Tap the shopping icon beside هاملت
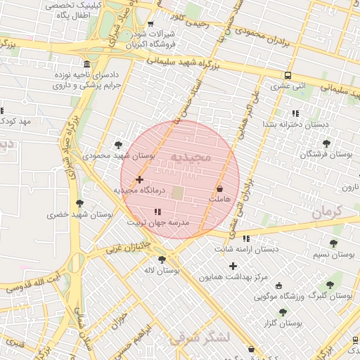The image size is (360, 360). (x=220, y=188)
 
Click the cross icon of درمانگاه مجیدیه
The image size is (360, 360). (x=139, y=180)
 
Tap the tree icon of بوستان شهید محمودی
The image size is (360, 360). (x=118, y=145)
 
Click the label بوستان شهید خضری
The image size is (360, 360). (x=80, y=214)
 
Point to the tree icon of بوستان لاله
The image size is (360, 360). (x=162, y=259)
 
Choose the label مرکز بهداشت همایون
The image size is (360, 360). (x=233, y=277)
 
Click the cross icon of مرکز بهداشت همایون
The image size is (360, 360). (x=233, y=266)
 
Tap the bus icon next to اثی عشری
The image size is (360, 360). (x=288, y=75)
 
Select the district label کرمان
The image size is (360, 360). (x=325, y=211)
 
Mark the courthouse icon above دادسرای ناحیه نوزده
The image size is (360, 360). (x=86, y=63)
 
